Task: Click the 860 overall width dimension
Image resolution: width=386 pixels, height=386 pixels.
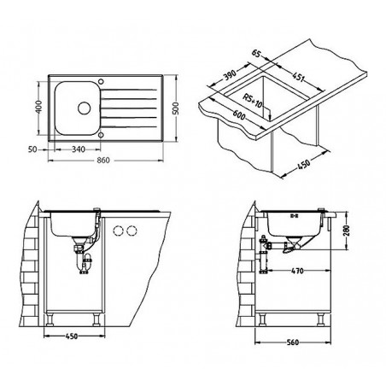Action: [103, 161]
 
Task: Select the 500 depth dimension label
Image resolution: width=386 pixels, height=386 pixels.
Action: [176, 108]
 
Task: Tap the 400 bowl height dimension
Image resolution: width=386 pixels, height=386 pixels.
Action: [39, 107]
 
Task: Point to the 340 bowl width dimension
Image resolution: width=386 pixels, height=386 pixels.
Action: [79, 149]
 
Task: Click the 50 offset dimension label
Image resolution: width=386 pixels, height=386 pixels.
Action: [33, 149]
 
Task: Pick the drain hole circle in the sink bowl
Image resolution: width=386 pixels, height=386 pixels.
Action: [85, 108]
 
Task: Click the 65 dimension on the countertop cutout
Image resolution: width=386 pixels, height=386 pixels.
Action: [256, 53]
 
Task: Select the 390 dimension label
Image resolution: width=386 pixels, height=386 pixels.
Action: [230, 75]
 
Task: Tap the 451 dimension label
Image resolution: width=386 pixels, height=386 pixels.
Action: [299, 76]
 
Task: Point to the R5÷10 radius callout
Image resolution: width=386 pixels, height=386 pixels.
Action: [253, 101]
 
